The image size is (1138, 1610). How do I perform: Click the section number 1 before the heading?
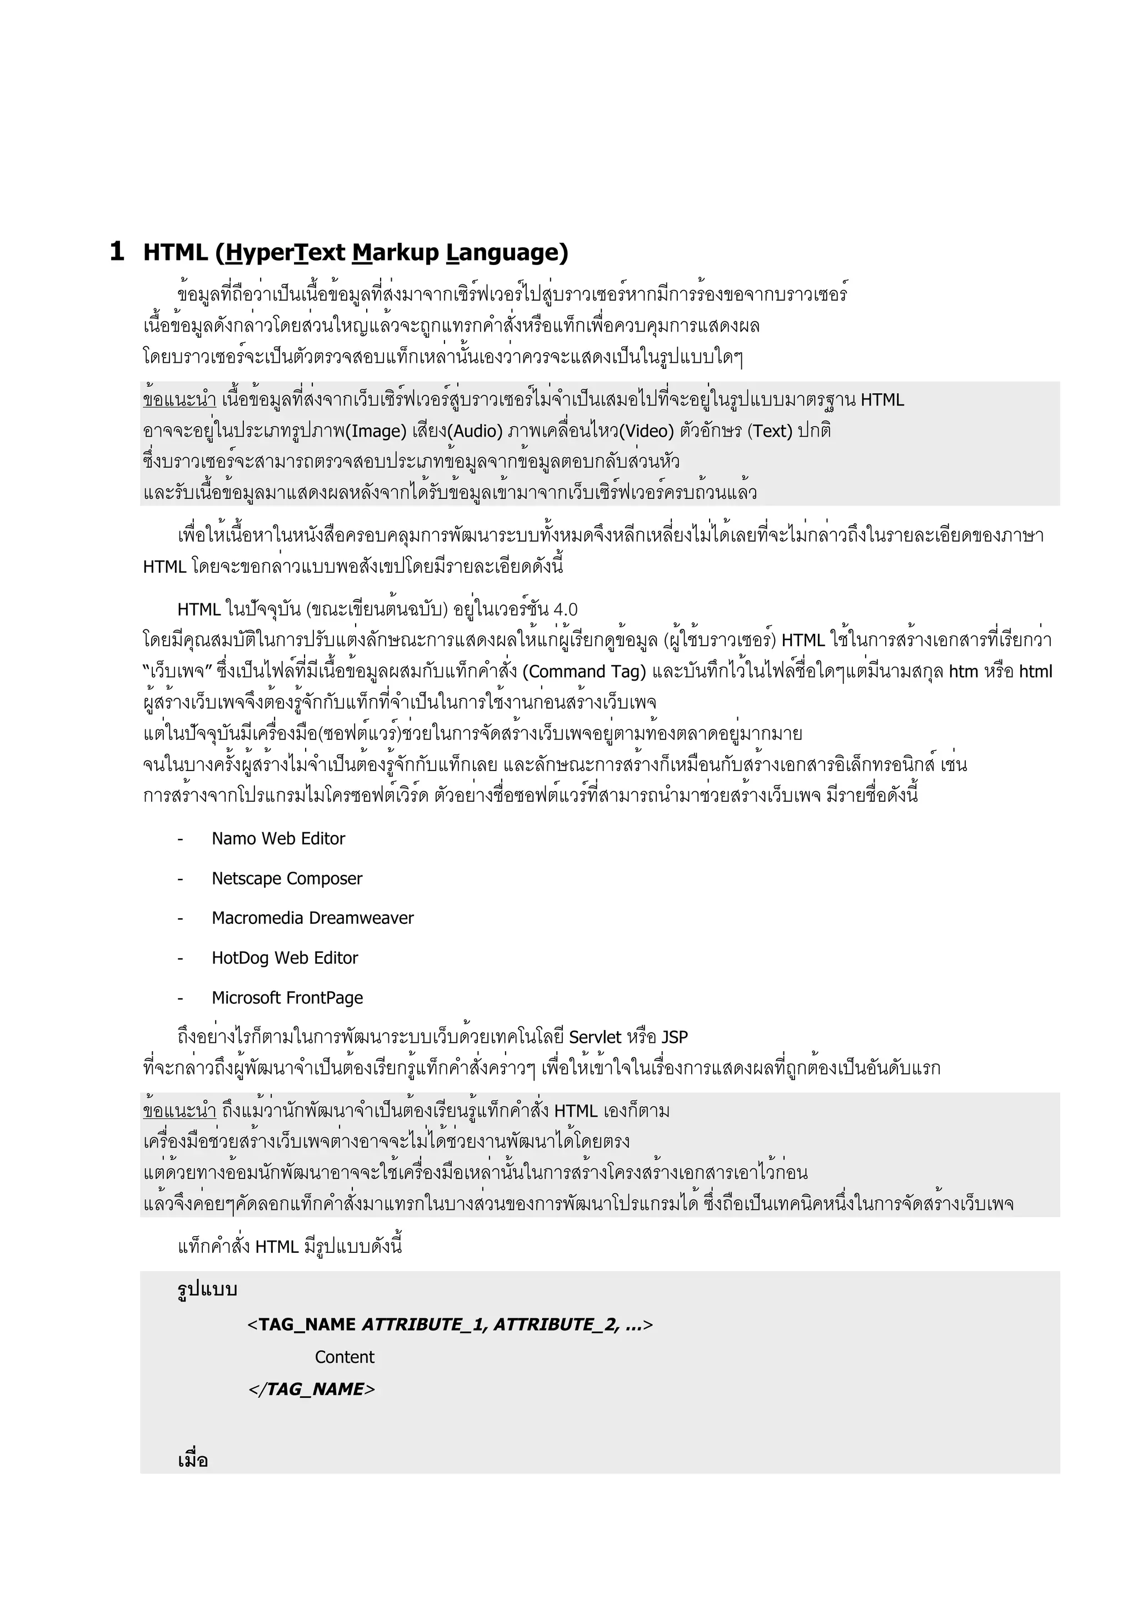pos(117,251)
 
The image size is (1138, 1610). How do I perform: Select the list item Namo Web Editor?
pos(278,839)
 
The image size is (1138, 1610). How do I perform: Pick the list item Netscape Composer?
pos(287,879)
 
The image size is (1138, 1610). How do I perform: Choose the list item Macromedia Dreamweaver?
pos(313,918)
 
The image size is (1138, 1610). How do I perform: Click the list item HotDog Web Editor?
pos(284,958)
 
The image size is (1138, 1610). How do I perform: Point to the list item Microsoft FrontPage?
pos(287,998)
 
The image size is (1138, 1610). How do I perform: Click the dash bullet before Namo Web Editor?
pos(180,839)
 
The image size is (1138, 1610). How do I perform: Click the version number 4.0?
pos(565,609)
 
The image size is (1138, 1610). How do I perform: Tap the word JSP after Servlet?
pos(675,1037)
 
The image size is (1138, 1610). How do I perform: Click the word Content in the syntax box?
pos(345,1357)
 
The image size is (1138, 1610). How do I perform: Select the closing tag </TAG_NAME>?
pos(311,1389)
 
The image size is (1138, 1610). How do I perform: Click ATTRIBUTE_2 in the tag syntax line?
pos(555,1324)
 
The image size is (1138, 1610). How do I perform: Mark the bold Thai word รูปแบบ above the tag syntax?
pos(208,1289)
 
